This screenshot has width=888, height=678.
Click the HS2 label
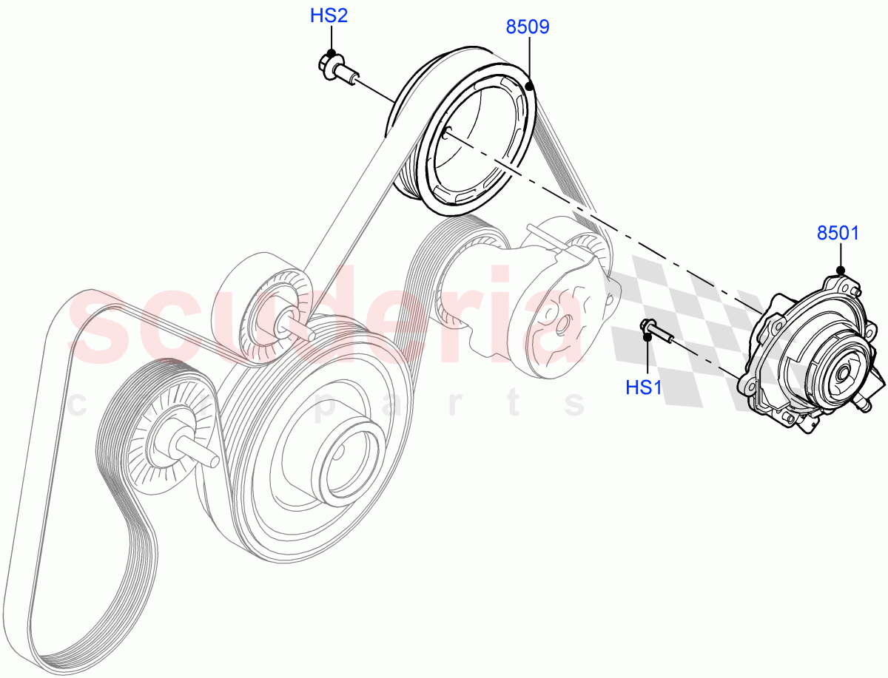[329, 16]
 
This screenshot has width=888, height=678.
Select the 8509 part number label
[528, 28]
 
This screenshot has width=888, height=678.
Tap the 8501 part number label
[838, 234]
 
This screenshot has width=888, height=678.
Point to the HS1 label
[644, 387]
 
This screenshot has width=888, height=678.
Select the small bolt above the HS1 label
[656, 332]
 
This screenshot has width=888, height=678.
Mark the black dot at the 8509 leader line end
[529, 87]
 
